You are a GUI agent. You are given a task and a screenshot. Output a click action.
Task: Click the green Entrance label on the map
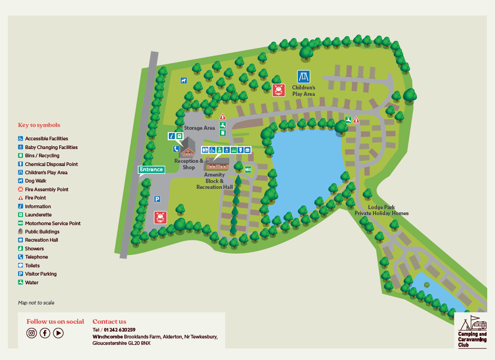[x=151, y=170]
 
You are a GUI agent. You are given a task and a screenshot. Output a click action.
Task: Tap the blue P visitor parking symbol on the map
[x=157, y=199]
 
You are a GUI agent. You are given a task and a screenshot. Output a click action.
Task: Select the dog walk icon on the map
[x=184, y=80]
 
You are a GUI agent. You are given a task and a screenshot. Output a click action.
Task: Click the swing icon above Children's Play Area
[x=303, y=77]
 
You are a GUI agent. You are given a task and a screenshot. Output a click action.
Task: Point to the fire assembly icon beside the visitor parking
[x=160, y=217]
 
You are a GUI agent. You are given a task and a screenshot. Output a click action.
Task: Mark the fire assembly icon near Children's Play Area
[x=278, y=90]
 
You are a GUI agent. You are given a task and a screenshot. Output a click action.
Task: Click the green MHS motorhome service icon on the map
[x=248, y=170]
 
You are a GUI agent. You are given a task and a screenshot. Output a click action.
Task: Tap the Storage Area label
[x=199, y=128]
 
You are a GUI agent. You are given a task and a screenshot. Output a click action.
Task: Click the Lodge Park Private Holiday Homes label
[x=381, y=210]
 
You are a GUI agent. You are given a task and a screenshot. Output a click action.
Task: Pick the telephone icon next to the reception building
[x=176, y=149]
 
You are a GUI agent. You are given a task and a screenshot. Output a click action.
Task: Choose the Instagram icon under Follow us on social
[x=32, y=333]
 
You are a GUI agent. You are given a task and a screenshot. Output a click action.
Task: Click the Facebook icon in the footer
[x=45, y=333]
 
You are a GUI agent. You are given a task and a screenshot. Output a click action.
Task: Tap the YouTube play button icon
[x=58, y=333]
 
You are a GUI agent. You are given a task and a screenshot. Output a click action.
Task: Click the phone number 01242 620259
[x=119, y=330]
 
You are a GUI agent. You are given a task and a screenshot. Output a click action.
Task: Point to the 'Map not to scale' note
[x=36, y=303]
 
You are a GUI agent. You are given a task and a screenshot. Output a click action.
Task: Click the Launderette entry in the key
[x=38, y=215]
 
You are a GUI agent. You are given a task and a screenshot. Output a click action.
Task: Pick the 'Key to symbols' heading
[x=39, y=125]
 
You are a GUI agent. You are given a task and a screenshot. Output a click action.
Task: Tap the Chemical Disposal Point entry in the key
[x=51, y=164]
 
